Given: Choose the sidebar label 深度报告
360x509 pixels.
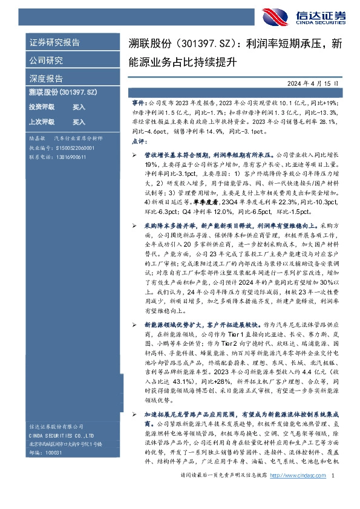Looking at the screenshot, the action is (46, 79).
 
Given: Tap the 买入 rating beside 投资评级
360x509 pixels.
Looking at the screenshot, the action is (79, 106).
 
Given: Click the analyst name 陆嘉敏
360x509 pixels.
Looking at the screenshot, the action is (37, 138).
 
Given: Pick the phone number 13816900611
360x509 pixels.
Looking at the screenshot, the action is (69, 157).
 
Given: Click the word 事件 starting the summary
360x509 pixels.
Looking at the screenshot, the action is (138, 103).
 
